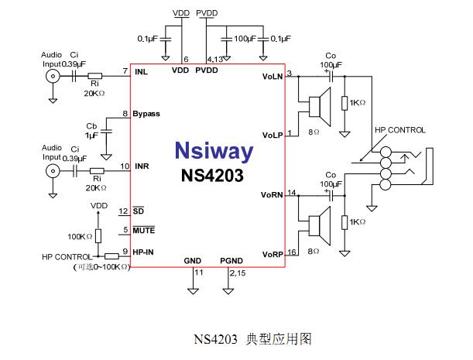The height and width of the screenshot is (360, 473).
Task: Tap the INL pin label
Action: (x=141, y=72)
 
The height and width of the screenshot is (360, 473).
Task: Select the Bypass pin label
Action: (x=146, y=114)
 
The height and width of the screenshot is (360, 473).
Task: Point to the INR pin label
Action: (x=142, y=166)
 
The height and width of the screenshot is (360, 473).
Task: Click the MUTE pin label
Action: (x=144, y=230)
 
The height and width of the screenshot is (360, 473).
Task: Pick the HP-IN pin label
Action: (x=144, y=251)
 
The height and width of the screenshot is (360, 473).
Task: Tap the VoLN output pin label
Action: (x=273, y=76)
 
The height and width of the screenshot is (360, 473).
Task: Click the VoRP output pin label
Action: (x=272, y=254)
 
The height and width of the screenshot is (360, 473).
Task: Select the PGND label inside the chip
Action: (x=231, y=260)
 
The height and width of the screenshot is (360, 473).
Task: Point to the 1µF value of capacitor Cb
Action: (x=94, y=135)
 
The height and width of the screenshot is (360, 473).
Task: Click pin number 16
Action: (x=292, y=252)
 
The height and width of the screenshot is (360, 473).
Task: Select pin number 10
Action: (x=124, y=165)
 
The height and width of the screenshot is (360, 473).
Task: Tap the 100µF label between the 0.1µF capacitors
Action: (x=247, y=38)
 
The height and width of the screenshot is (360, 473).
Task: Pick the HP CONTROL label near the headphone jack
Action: (x=400, y=129)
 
